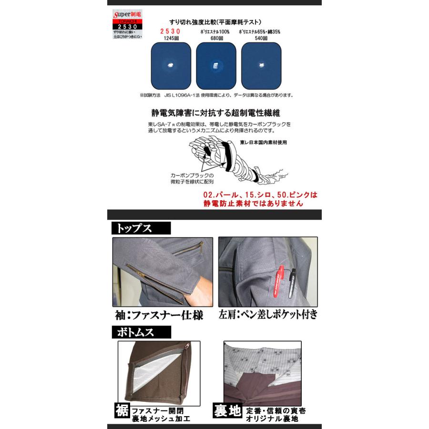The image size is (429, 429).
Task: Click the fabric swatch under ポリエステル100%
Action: (x=216, y=65)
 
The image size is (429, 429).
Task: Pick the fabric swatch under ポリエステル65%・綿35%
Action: (x=261, y=65)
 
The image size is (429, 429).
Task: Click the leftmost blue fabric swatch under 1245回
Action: (x=171, y=65)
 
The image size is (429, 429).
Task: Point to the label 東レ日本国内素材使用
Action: (x=264, y=142)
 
